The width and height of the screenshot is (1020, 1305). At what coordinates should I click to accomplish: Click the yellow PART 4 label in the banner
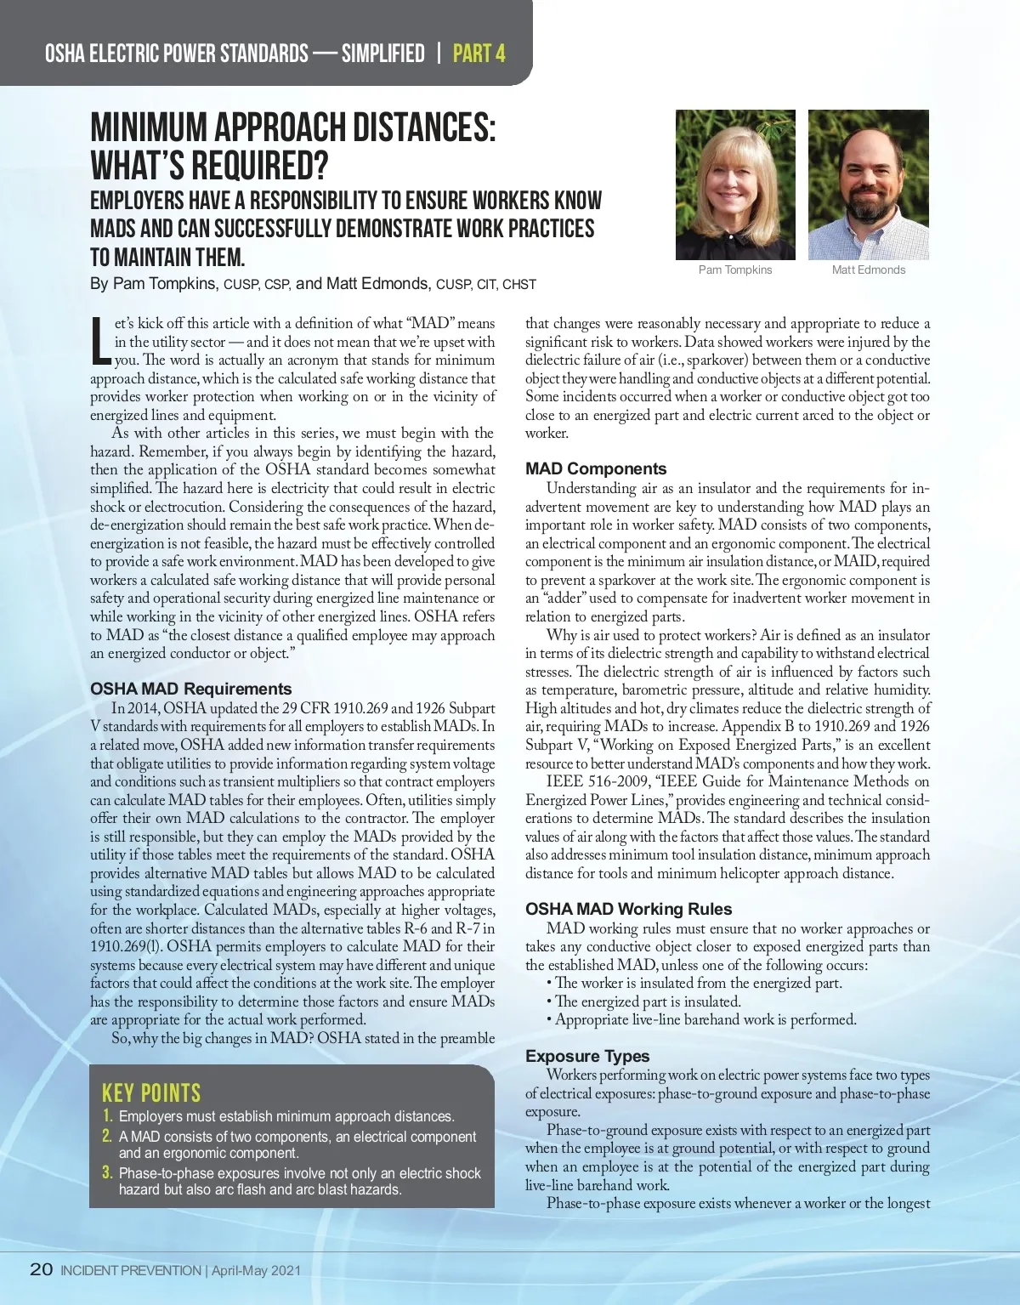[479, 54]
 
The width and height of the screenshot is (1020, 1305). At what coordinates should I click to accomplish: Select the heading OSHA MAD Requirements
[190, 689]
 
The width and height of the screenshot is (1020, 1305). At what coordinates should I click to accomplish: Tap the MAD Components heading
[596, 468]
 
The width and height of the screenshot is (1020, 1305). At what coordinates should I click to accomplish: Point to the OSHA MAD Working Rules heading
[628, 909]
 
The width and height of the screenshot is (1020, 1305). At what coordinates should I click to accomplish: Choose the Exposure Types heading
[587, 1056]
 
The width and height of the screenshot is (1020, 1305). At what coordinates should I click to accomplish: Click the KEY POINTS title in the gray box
[151, 1092]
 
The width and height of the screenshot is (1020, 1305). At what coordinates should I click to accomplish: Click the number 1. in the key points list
[107, 1115]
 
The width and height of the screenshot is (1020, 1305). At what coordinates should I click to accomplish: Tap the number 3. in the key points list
[107, 1172]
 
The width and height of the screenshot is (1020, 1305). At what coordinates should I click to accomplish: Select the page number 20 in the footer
[42, 1269]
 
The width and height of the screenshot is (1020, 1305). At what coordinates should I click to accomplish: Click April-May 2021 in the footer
[256, 1270]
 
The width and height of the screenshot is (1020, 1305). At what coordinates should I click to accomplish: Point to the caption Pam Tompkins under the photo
[735, 270]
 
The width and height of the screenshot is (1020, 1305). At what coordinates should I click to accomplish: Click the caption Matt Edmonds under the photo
[869, 270]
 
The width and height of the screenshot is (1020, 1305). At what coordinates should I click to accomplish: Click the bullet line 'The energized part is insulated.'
[648, 1001]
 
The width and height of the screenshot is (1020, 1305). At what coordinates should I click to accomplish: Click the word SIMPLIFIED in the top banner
[382, 54]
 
